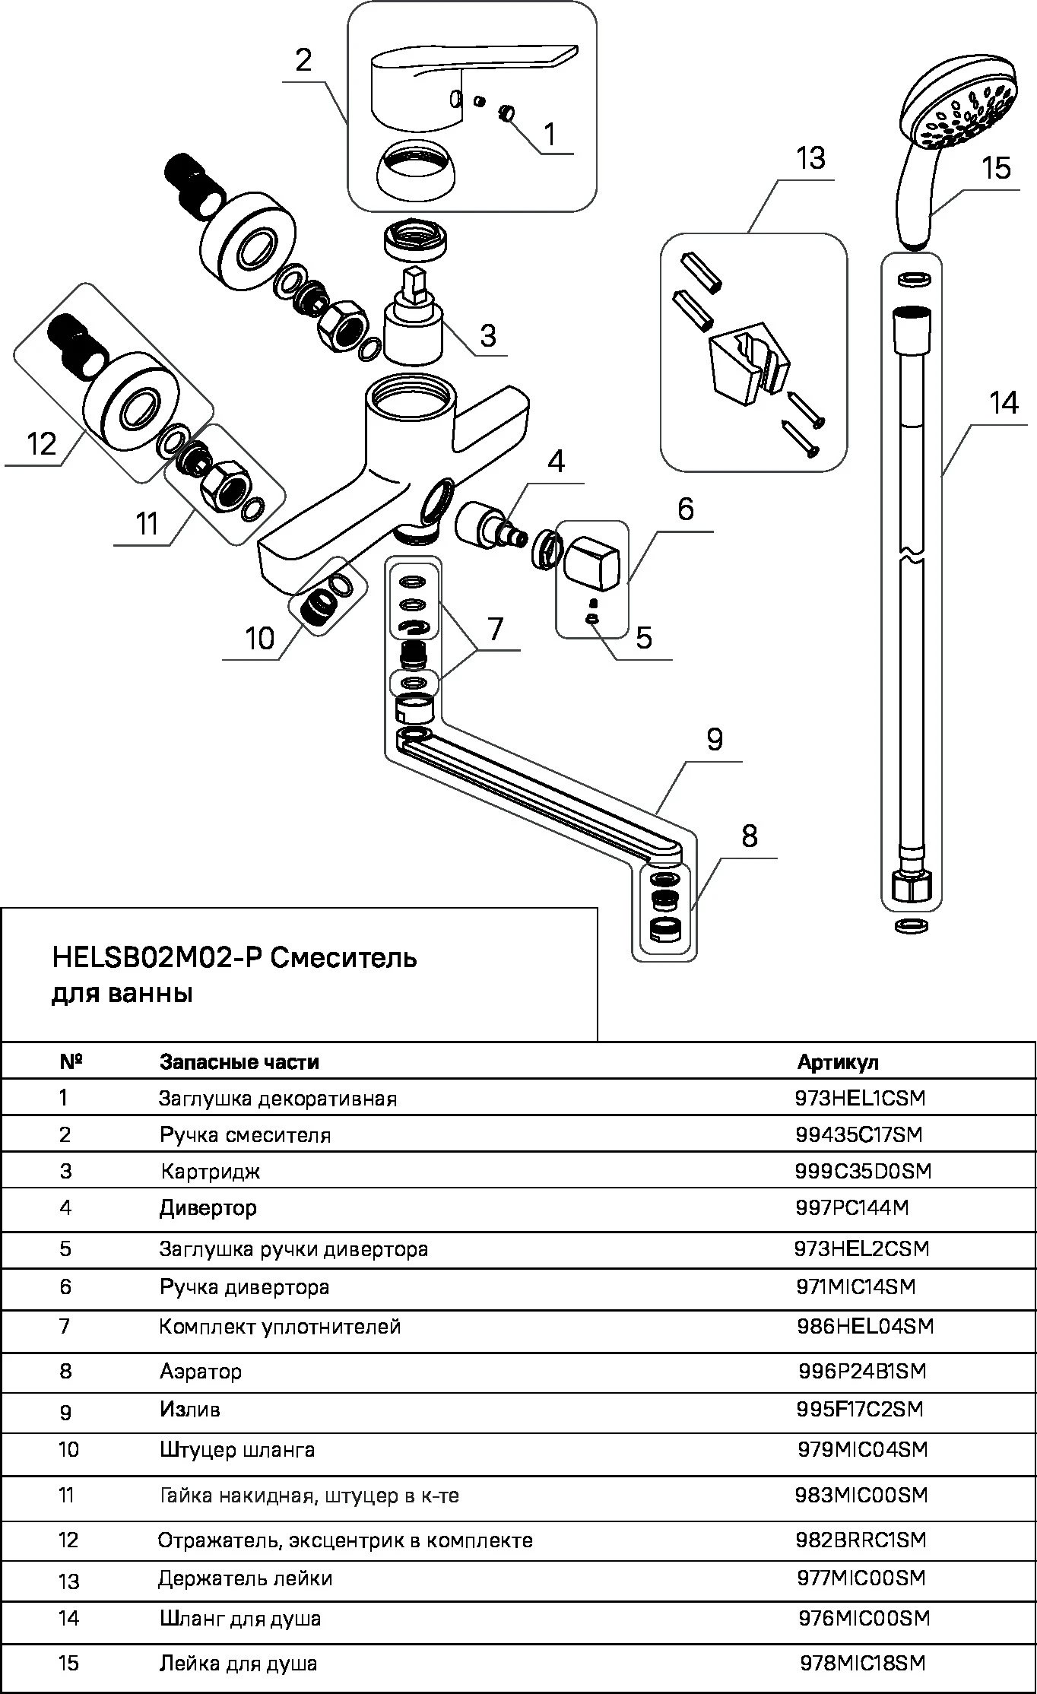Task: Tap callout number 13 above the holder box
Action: click(810, 159)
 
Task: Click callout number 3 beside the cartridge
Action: click(487, 335)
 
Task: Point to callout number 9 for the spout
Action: click(714, 739)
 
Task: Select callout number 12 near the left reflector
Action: click(41, 443)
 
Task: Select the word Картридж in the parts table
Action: click(210, 1171)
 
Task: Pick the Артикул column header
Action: click(837, 1062)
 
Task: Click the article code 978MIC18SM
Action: click(863, 1663)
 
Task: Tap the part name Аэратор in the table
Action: click(201, 1371)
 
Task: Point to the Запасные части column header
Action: click(239, 1062)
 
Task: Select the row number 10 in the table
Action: click(68, 1450)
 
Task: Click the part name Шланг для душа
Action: click(239, 1619)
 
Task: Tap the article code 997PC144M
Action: click(852, 1207)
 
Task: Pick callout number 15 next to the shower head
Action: click(996, 167)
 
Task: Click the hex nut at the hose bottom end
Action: click(912, 887)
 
